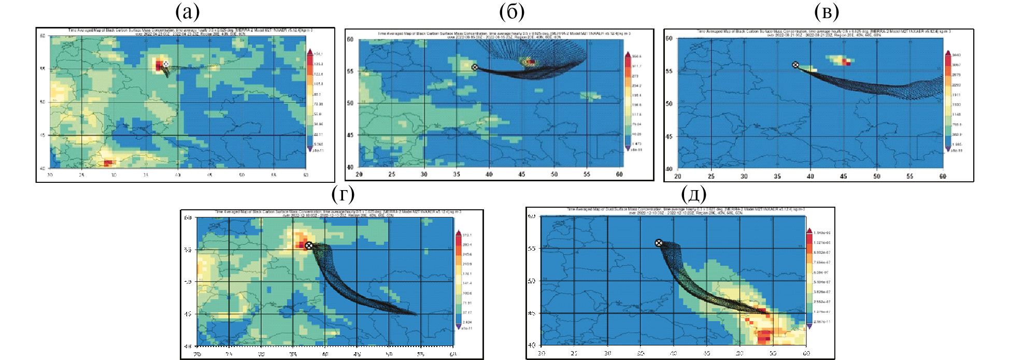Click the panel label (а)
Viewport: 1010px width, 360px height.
coord(187,11)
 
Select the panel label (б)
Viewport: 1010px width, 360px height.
coord(511,11)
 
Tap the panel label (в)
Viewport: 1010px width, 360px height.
coord(827,11)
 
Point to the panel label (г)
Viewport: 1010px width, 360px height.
coord(343,195)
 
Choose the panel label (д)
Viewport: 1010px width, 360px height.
coord(694,195)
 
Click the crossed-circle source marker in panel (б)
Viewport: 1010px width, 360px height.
coord(475,67)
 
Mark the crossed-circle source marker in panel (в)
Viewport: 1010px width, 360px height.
coord(795,65)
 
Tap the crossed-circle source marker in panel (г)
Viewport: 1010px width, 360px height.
coord(309,246)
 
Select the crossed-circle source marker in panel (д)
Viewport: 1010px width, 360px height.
coord(659,243)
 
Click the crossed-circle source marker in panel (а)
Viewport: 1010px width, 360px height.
coord(166,64)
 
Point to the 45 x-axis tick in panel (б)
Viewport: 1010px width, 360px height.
coord(521,175)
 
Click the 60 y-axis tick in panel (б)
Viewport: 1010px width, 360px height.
coord(350,39)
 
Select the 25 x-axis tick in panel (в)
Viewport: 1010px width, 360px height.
coord(711,177)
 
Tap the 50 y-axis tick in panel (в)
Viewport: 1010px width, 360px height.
coord(669,104)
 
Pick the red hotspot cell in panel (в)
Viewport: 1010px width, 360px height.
coord(845,62)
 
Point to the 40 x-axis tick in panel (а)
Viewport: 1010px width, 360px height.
coord(178,175)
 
